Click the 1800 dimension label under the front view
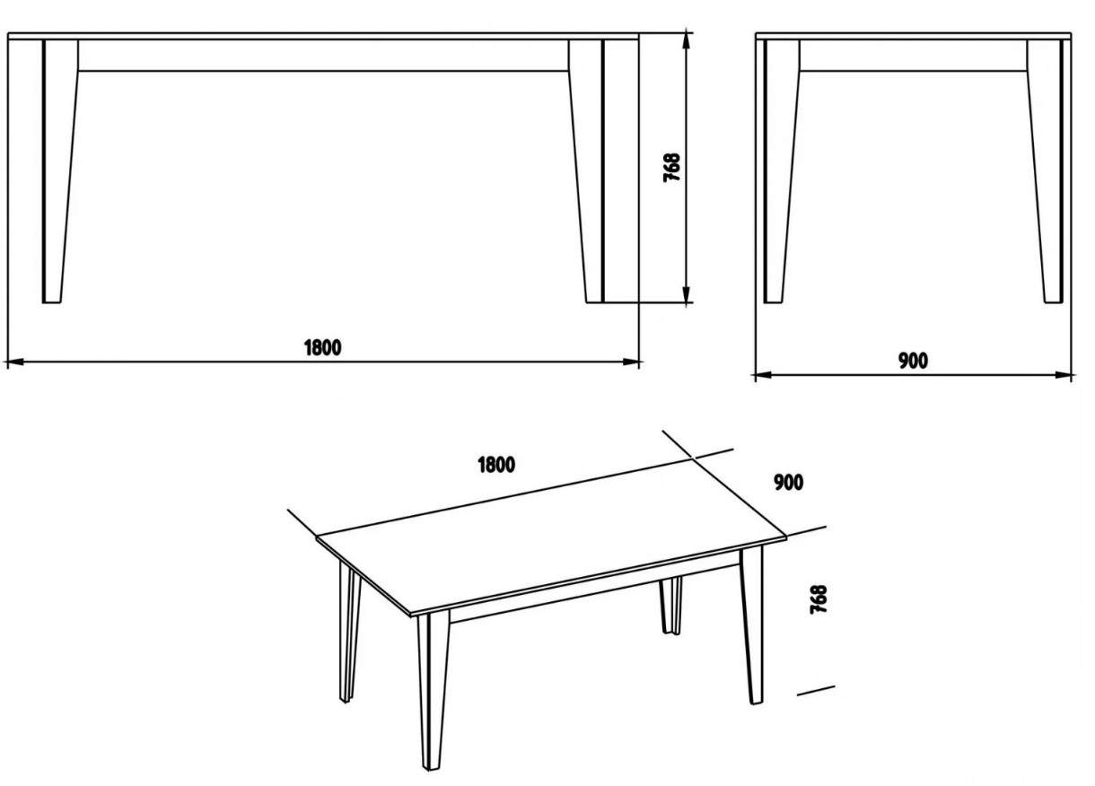(x=322, y=347)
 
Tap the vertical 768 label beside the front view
(x=671, y=168)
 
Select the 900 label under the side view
(x=913, y=361)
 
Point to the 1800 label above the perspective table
(x=496, y=465)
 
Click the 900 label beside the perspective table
(x=789, y=483)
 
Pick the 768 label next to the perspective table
(x=819, y=599)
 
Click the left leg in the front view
(x=59, y=171)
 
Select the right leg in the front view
(x=587, y=171)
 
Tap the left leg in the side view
(x=781, y=171)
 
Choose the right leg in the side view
(x=1045, y=171)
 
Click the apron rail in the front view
(x=324, y=56)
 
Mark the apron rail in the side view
(x=913, y=56)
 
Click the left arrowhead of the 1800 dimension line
(x=13, y=362)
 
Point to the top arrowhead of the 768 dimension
(x=687, y=42)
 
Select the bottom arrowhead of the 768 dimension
(x=687, y=294)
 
